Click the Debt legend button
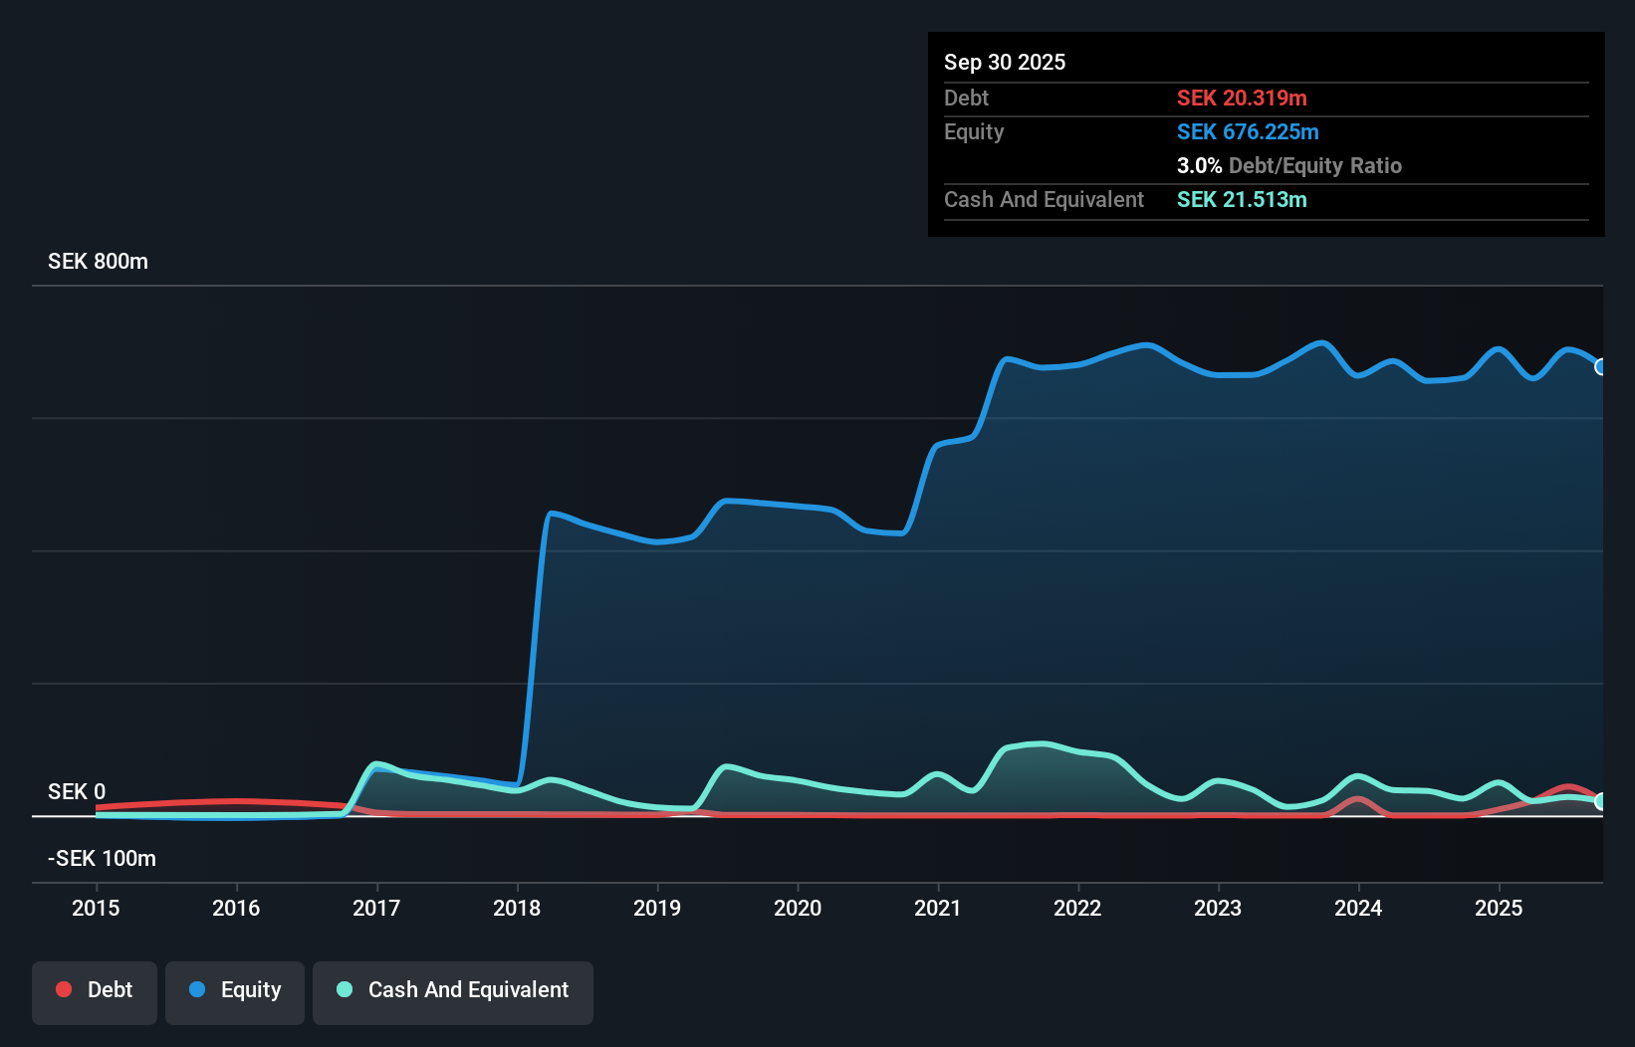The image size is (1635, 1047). (x=95, y=990)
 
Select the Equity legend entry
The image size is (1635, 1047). (x=235, y=990)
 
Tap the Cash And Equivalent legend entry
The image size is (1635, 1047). (x=453, y=990)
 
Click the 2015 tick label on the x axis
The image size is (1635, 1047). (x=96, y=908)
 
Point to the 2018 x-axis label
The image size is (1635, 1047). (x=517, y=908)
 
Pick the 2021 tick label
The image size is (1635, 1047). (x=938, y=908)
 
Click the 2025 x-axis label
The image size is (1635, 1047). (x=1499, y=908)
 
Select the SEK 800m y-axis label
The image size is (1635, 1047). (x=98, y=262)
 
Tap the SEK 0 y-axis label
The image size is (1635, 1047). (x=77, y=792)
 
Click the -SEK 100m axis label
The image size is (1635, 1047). (x=102, y=859)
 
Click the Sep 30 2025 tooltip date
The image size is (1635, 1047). (x=1005, y=63)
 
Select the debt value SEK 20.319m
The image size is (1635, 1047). (x=1242, y=99)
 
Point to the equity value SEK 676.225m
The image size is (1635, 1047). (x=1248, y=132)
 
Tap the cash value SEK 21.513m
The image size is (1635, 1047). (x=1242, y=200)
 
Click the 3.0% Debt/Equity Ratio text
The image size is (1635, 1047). (x=1288, y=166)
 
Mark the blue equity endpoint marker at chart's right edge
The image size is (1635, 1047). (x=1600, y=367)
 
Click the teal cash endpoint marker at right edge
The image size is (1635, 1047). (x=1600, y=801)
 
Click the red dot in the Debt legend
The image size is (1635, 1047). (x=64, y=989)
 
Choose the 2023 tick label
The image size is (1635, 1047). (x=1218, y=908)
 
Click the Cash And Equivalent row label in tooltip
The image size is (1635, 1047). (x=1044, y=200)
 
